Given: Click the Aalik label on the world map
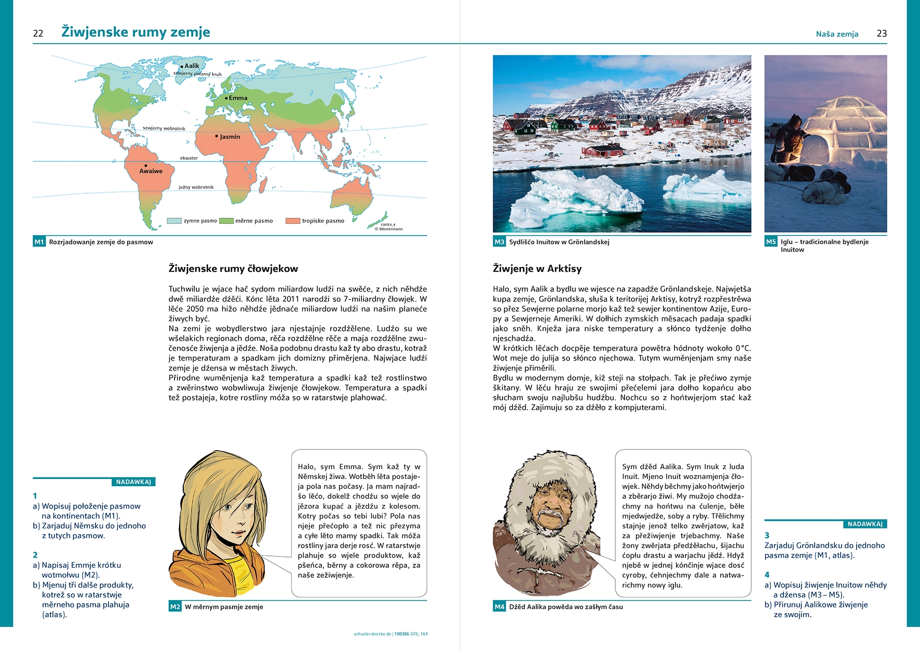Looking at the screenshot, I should (x=192, y=66).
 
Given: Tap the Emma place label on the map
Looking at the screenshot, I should (x=238, y=98).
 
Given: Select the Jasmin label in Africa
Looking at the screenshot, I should (x=229, y=137).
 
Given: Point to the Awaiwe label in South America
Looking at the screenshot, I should (x=151, y=171).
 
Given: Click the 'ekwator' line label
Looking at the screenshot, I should (x=189, y=158).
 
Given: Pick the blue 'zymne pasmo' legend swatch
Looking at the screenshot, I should (x=174, y=221).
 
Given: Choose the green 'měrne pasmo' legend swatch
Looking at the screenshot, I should (x=226, y=221).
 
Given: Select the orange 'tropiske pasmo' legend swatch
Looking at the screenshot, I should (x=293, y=221).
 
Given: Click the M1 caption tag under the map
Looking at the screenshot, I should (x=39, y=242).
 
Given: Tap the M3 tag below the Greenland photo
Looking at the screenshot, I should (x=499, y=242).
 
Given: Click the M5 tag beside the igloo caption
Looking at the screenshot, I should (x=770, y=242).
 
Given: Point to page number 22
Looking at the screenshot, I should (x=38, y=34).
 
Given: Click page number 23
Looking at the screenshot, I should (x=882, y=34).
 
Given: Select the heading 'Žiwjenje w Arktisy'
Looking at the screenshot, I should (x=537, y=269).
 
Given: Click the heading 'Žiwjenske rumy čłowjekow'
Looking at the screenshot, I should (x=233, y=269).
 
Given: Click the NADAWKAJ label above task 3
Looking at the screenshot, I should (x=864, y=524).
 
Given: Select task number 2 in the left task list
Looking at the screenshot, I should (x=35, y=555).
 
